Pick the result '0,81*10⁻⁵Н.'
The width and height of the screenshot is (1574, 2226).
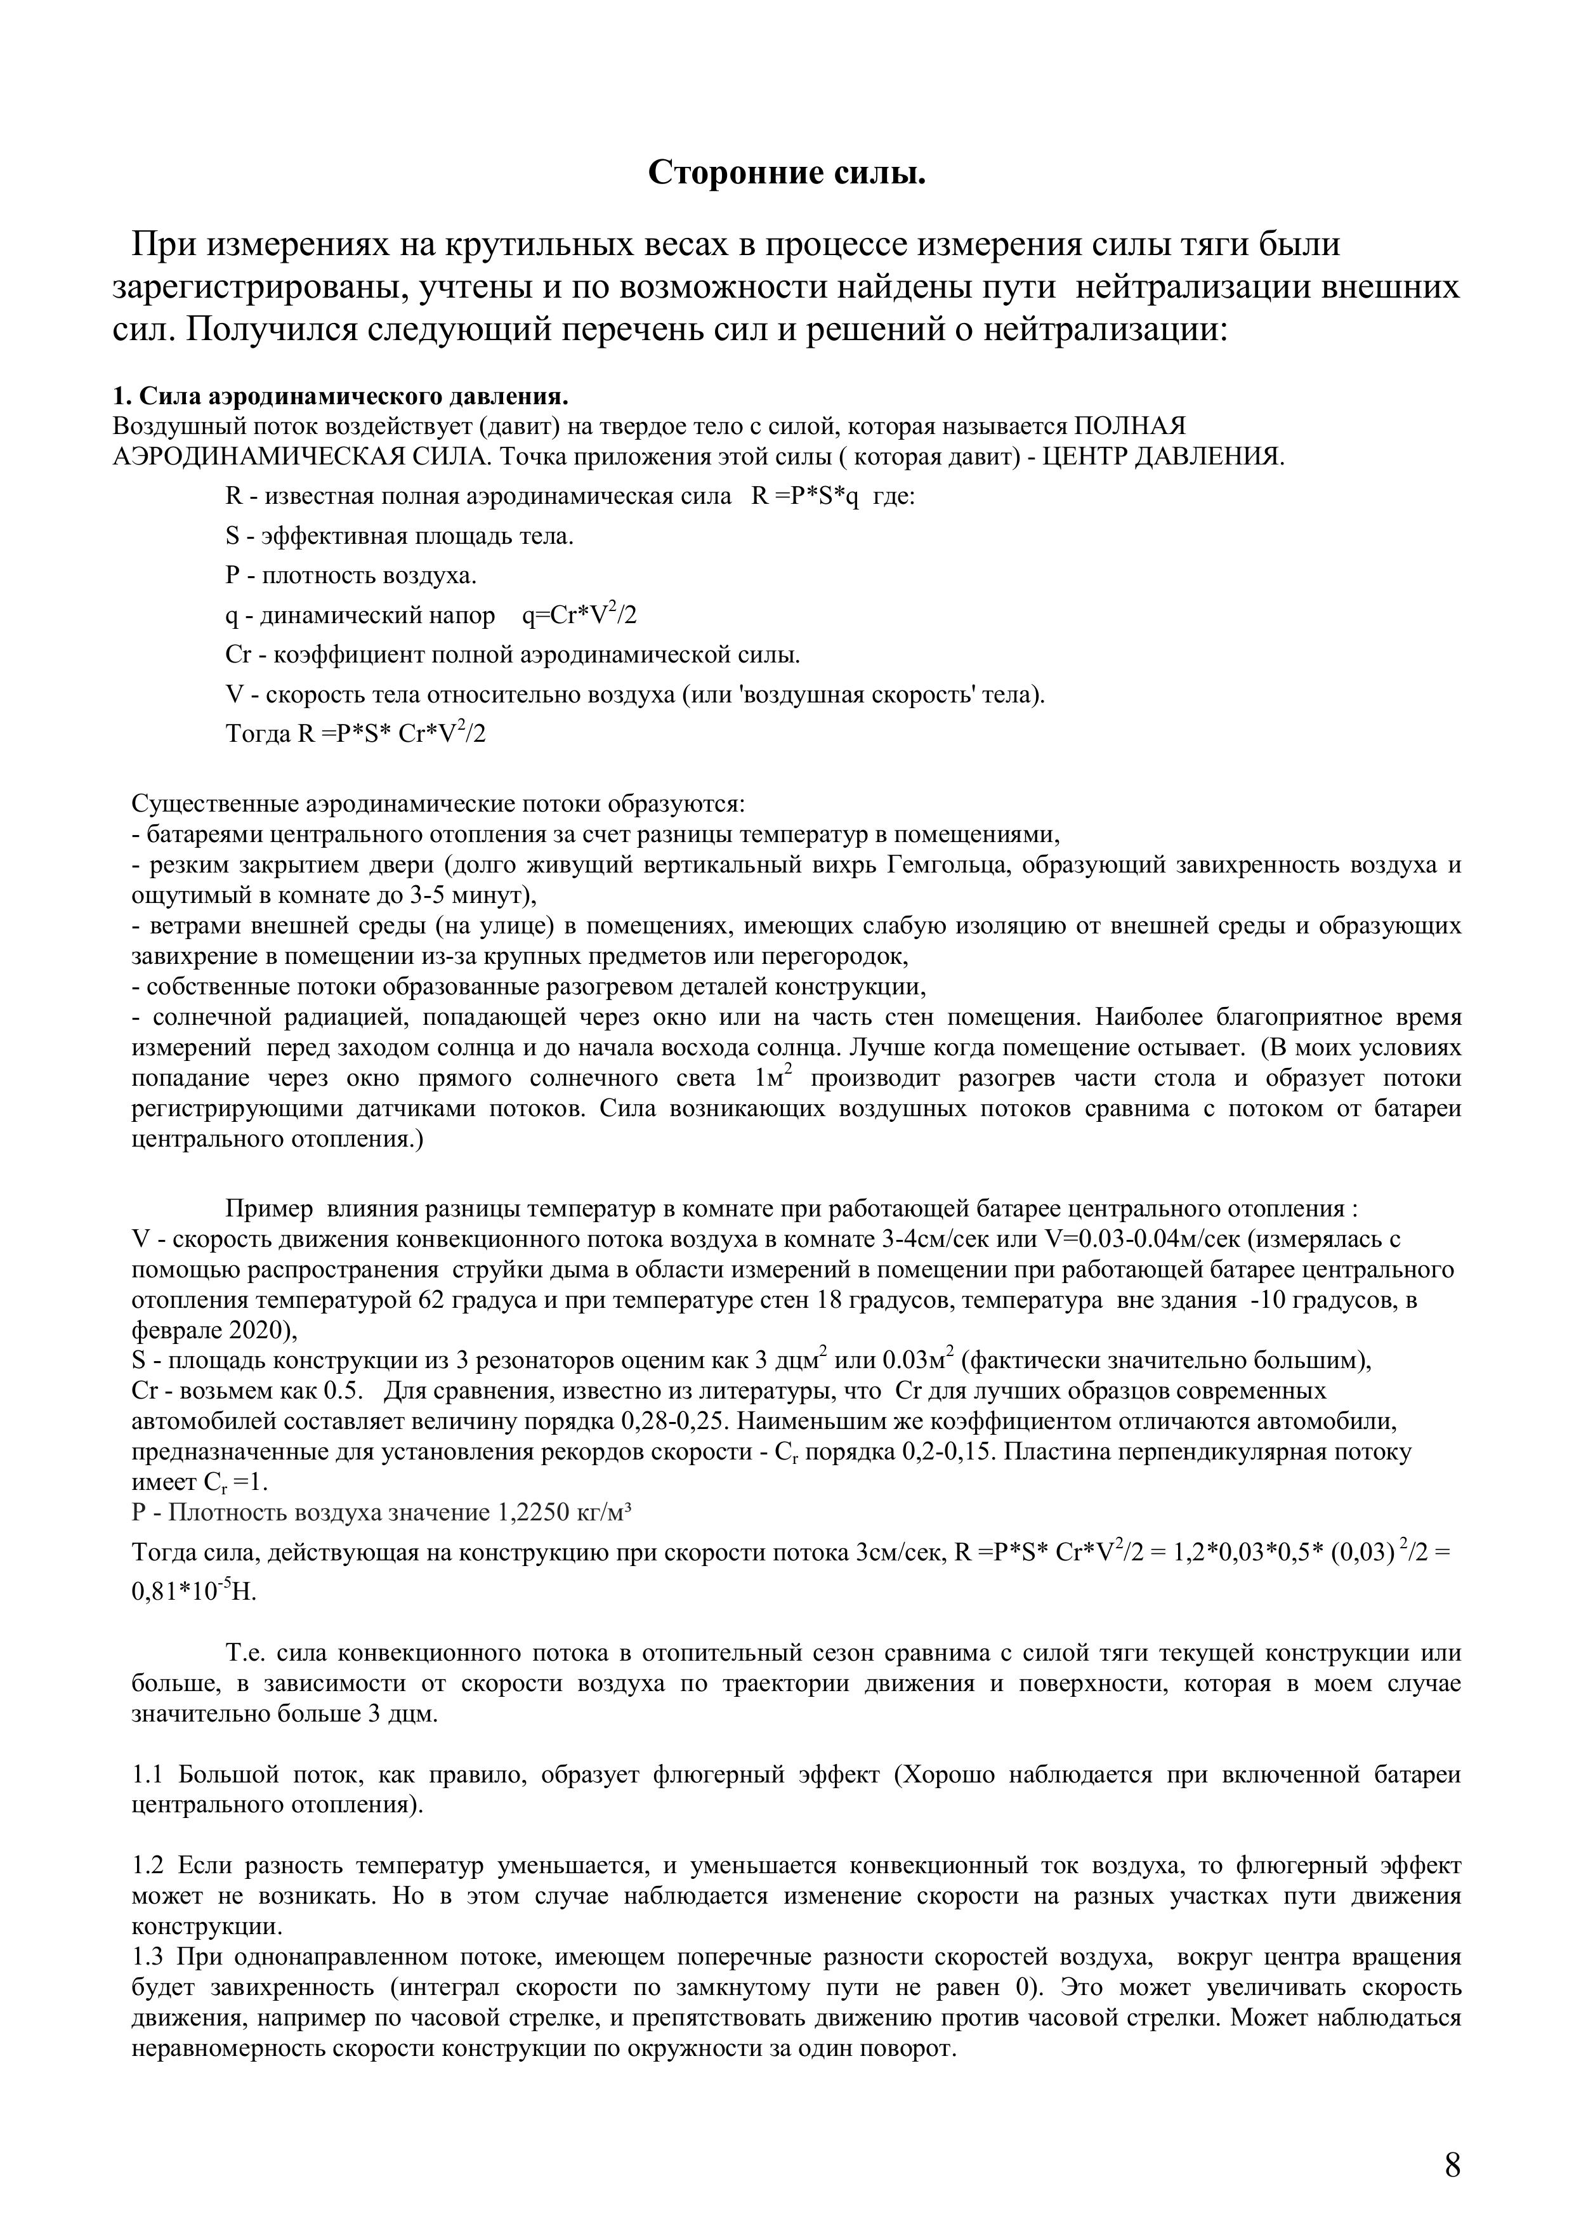[x=194, y=1592]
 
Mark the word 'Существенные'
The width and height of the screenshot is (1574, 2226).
[x=215, y=804]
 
